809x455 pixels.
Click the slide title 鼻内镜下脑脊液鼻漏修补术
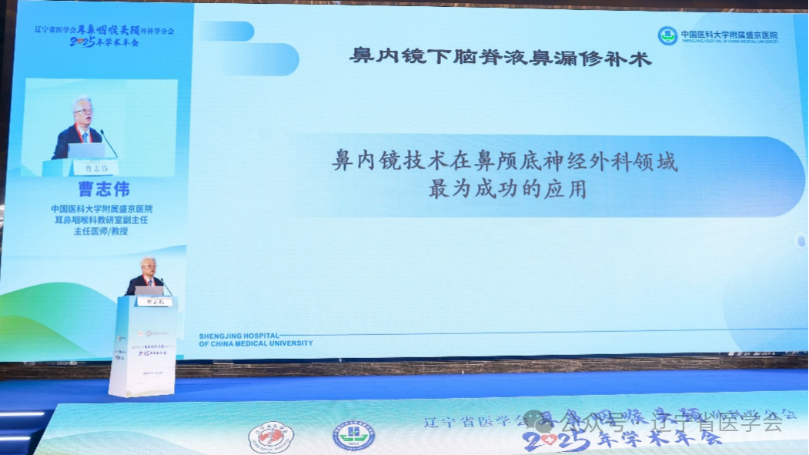pos(500,57)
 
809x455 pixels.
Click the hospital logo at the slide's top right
pos(667,35)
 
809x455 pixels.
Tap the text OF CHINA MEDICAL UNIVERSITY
pos(256,343)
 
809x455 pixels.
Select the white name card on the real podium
pos(149,302)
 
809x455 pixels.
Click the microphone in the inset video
pos(109,143)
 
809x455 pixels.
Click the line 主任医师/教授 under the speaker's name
pos(102,229)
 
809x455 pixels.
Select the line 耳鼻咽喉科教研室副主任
pos(102,219)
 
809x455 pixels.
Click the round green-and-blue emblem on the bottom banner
pos(353,437)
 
